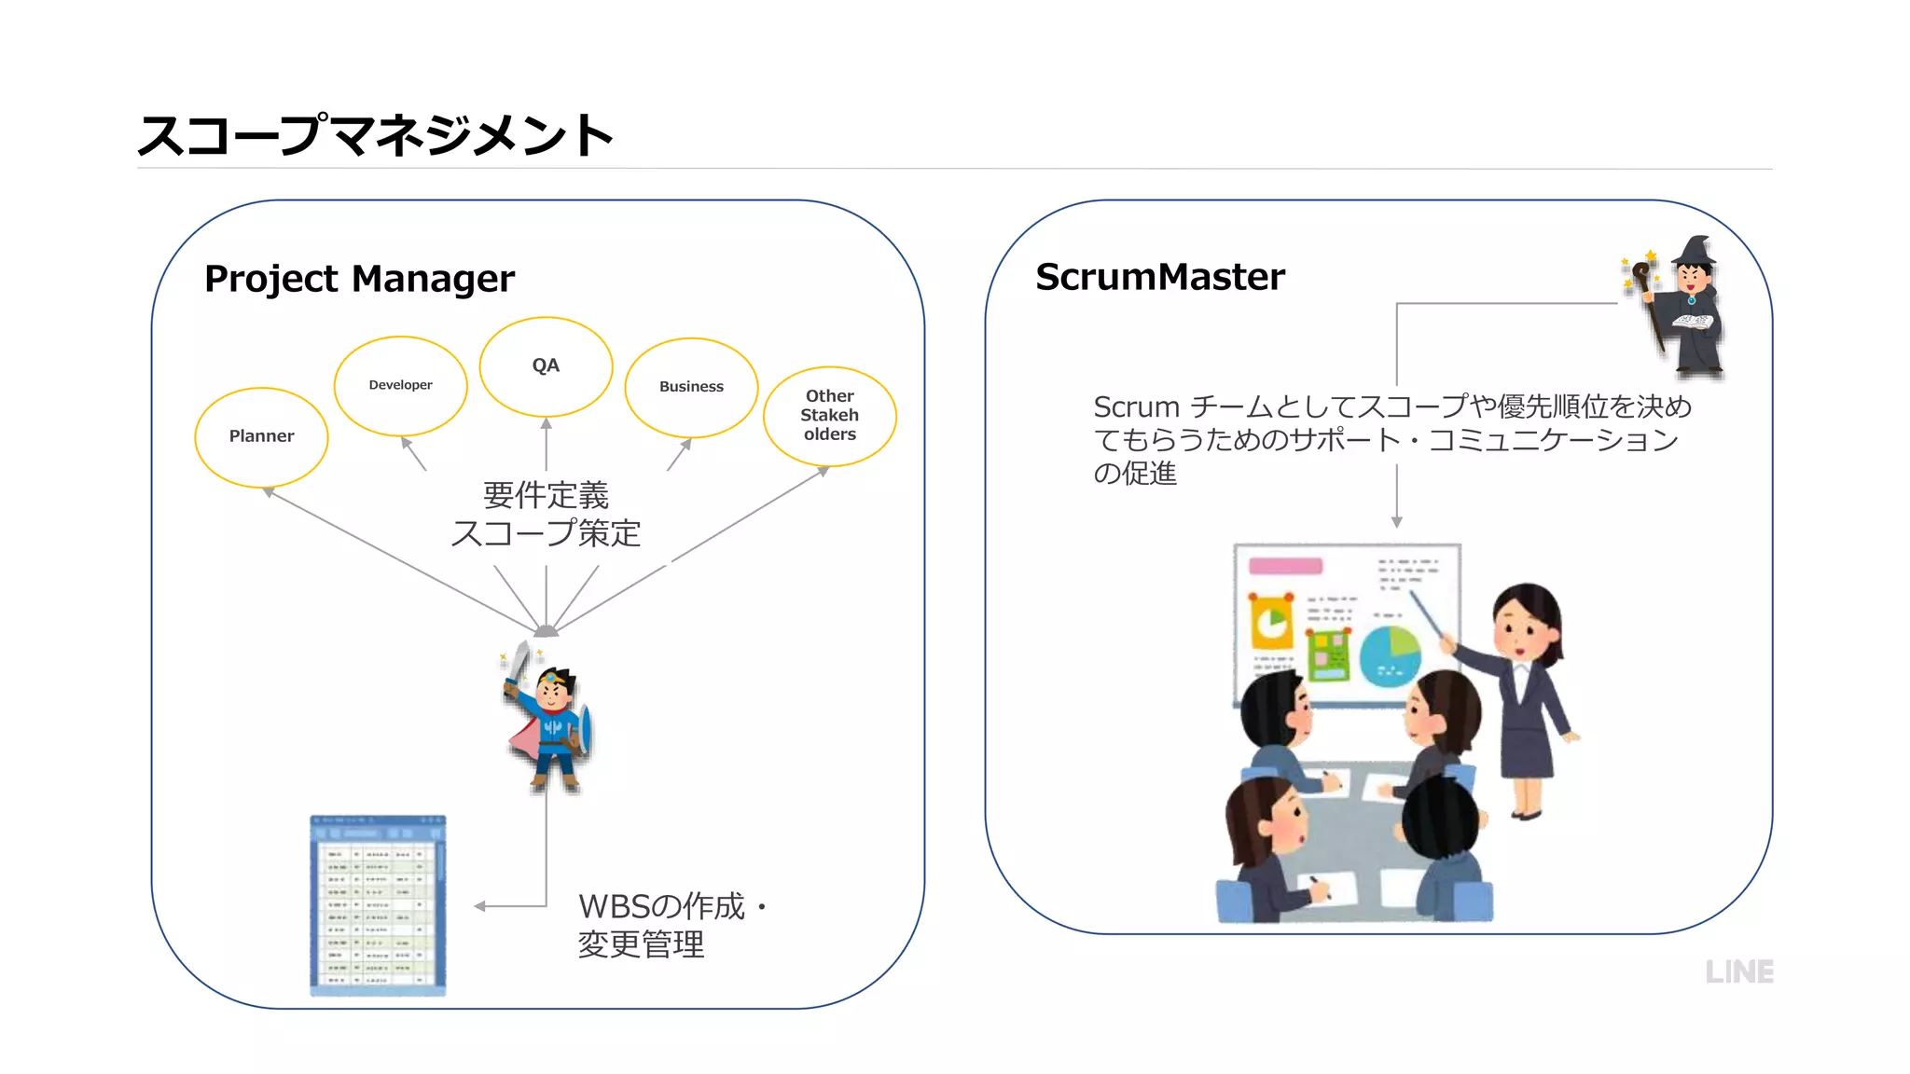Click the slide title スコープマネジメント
[374, 135]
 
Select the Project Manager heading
[359, 279]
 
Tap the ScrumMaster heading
[1159, 277]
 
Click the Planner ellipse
[261, 436]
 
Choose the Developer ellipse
[400, 385]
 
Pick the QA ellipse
[546, 365]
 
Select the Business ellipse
[691, 387]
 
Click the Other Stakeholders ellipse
[829, 415]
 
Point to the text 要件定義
[546, 495]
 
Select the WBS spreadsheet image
[378, 904]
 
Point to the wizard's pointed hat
[1696, 250]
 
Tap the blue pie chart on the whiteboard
[1390, 655]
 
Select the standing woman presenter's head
[1527, 620]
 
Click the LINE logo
[1738, 971]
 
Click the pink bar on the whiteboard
[1285, 566]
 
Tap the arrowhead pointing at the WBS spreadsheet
[480, 906]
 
